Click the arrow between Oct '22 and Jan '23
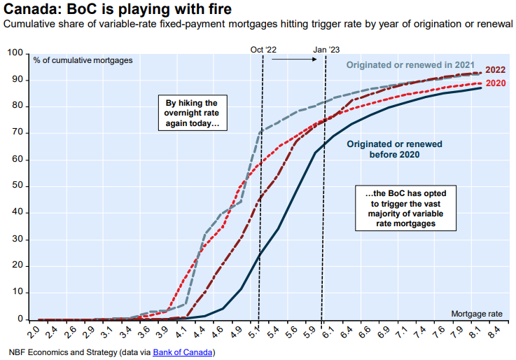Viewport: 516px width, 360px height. coord(295,60)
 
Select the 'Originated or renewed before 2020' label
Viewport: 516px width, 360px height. coord(394,148)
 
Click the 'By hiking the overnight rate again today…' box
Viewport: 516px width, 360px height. coord(192,113)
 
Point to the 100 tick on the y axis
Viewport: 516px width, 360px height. coord(15,53)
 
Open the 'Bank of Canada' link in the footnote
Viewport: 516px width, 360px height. coord(183,351)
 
